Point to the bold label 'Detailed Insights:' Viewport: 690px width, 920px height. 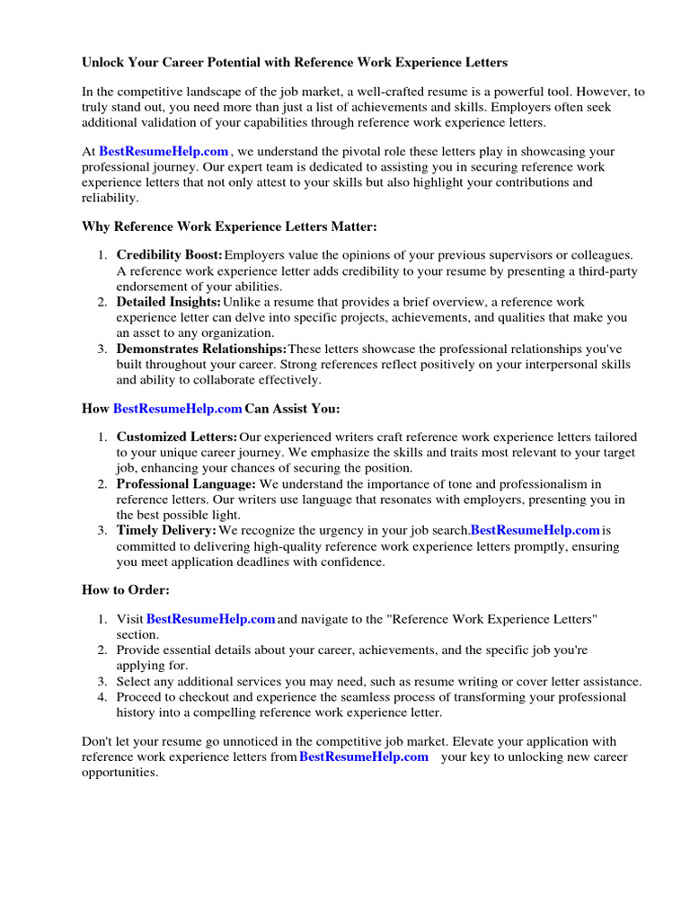coord(168,303)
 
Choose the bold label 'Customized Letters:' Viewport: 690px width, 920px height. coord(177,437)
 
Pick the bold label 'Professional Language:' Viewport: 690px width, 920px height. coord(186,483)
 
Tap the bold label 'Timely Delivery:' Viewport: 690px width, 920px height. coord(166,530)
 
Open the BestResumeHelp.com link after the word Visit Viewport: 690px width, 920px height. coord(210,619)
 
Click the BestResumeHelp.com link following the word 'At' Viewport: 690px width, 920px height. coord(164,152)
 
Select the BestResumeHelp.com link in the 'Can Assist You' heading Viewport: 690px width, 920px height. coord(177,409)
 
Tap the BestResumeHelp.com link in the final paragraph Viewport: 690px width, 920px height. coord(363,756)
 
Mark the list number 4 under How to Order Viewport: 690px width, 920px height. coord(102,696)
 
